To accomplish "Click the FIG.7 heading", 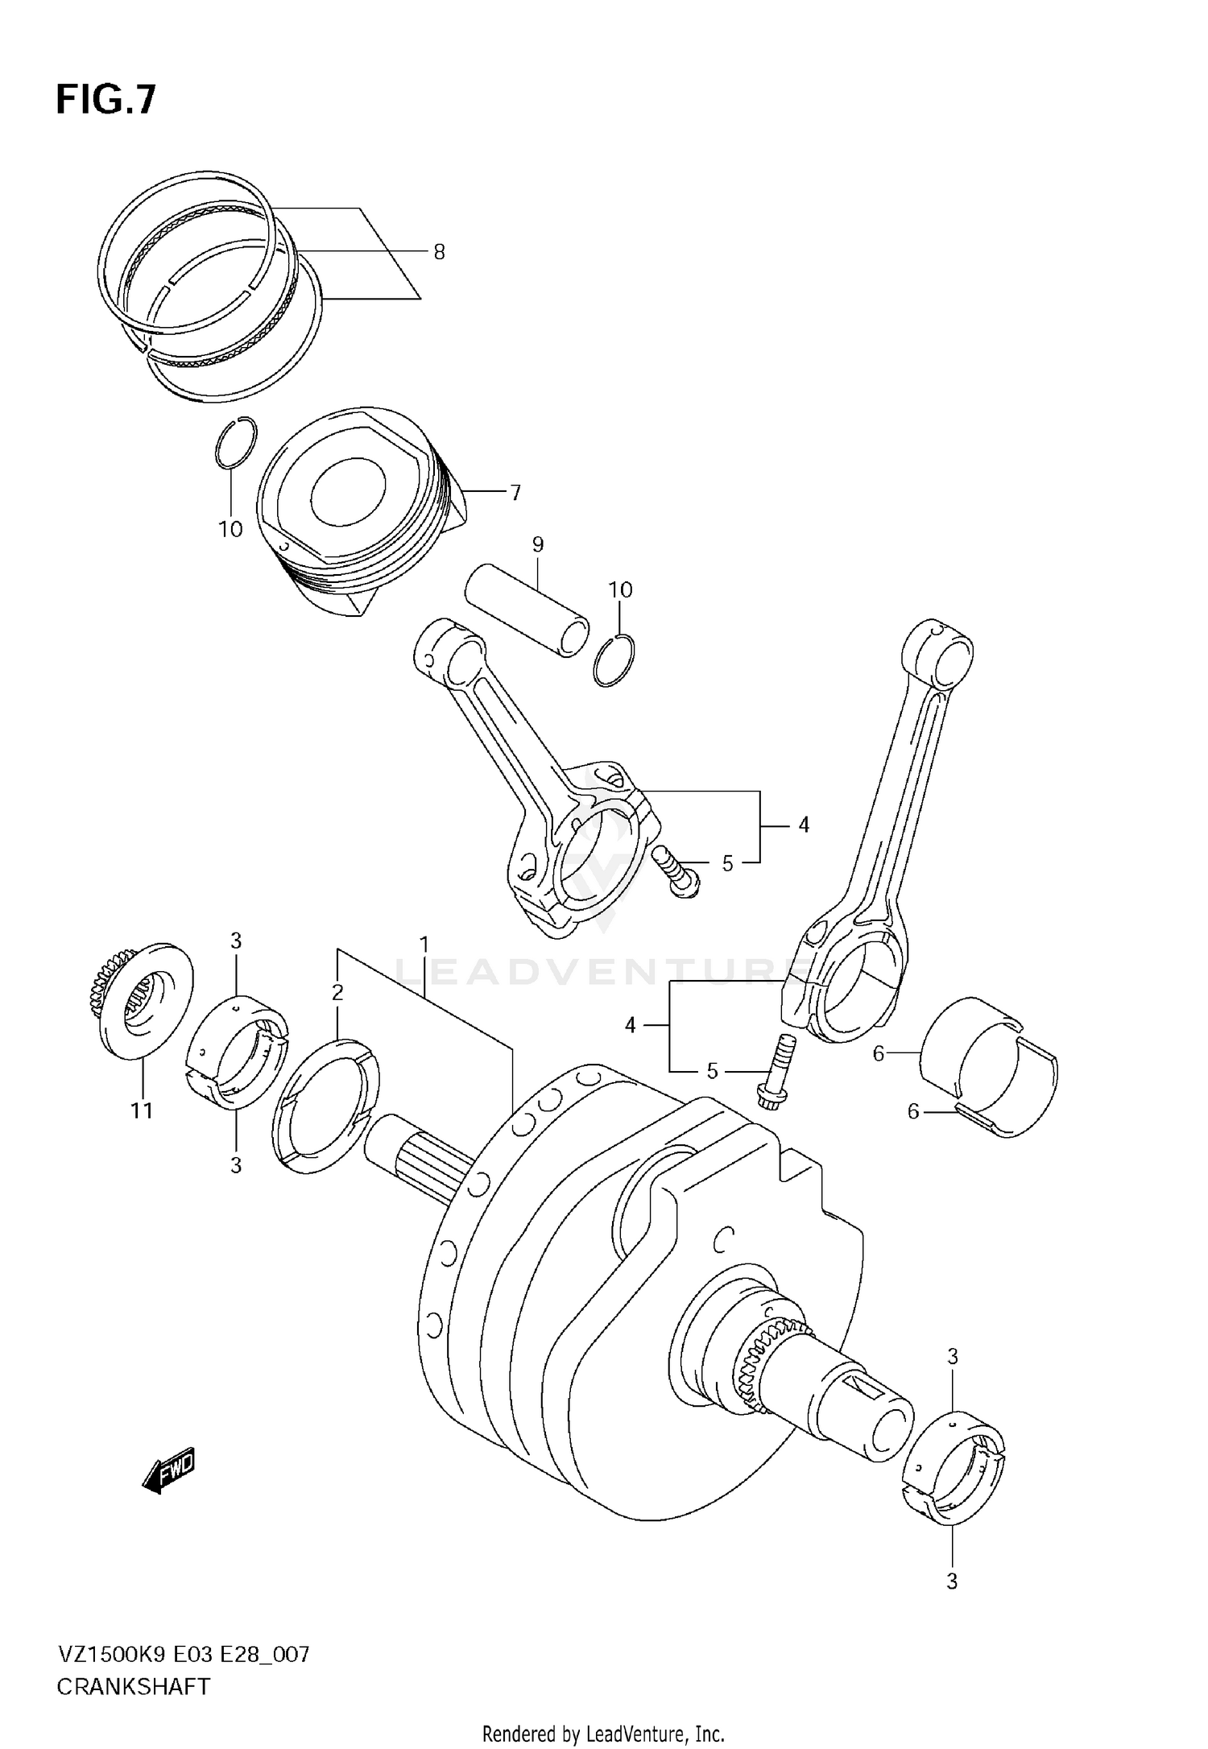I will (105, 101).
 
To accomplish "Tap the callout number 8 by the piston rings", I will (439, 252).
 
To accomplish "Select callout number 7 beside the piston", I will (515, 492).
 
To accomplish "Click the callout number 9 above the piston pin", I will (538, 544).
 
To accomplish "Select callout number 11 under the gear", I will (142, 1110).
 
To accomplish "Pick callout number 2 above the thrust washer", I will (337, 992).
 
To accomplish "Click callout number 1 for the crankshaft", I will (424, 943).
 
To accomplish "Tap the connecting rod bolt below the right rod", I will (776, 1072).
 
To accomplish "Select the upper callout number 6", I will (879, 1052).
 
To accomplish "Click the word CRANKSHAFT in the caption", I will (133, 1686).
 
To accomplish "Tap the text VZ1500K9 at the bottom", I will (111, 1655).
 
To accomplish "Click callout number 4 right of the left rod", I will (803, 825).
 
